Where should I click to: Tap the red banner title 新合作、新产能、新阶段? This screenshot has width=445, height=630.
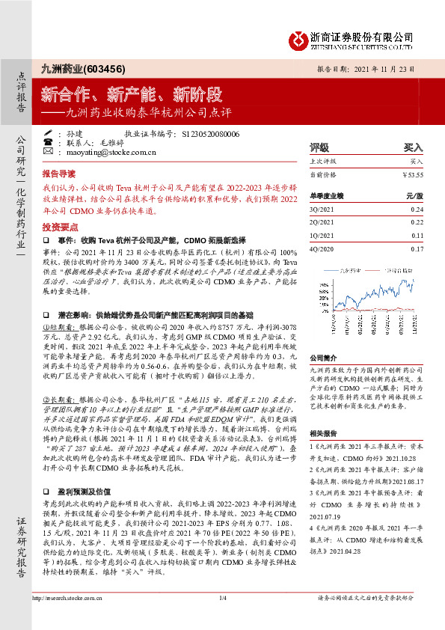(x=132, y=94)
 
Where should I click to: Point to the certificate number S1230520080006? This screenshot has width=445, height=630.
(x=210, y=134)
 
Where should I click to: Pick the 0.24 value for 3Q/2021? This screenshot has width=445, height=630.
(x=417, y=210)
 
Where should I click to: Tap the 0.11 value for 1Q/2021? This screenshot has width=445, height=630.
(x=417, y=235)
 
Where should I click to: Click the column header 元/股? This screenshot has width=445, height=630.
(x=415, y=196)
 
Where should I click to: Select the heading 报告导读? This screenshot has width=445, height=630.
(x=59, y=172)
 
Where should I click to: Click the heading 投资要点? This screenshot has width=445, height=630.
(x=59, y=225)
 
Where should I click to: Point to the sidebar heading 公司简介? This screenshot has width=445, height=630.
(x=324, y=358)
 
